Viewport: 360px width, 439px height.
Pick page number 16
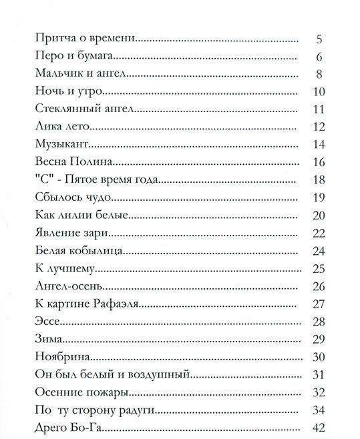[x=318, y=161]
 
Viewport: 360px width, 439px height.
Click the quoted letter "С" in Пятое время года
[x=43, y=179]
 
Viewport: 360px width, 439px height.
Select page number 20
[x=318, y=215]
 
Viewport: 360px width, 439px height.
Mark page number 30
[x=318, y=356]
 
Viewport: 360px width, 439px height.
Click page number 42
[x=318, y=427]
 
